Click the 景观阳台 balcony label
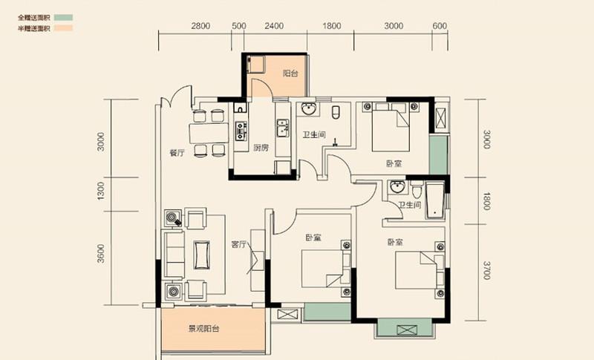203,329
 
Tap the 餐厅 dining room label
177,153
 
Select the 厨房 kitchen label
261,147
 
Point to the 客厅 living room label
239,244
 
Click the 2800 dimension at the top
200,26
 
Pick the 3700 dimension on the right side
487,270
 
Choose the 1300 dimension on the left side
100,191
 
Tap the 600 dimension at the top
440,26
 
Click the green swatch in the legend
63,17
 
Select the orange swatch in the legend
63,28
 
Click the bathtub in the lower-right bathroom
435,201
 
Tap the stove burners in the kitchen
240,131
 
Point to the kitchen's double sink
282,128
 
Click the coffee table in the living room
201,255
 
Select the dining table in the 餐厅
209,133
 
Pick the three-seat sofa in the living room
174,255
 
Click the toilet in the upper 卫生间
336,112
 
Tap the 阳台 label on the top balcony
290,73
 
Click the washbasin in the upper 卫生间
309,108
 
